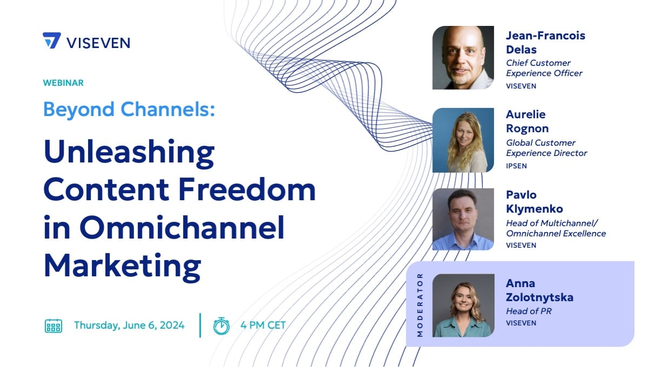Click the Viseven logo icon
coord(52,40)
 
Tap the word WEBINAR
coord(63,83)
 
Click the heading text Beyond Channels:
coord(129,110)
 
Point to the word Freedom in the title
coord(247,189)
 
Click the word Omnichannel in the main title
coord(182,227)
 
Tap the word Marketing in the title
coord(122,267)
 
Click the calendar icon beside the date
coord(54,326)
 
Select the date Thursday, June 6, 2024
coord(129,325)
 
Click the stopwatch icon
coord(222,326)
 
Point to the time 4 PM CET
coord(263,325)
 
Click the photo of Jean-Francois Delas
coord(463,57)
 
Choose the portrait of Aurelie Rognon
coord(463,140)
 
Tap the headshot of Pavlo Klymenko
coord(463,219)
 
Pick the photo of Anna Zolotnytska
coord(463,305)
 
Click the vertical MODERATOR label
coord(420,305)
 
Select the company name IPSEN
coord(516,166)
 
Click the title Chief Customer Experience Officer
coord(544,68)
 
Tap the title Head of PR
coord(529,311)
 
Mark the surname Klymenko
coord(535,209)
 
